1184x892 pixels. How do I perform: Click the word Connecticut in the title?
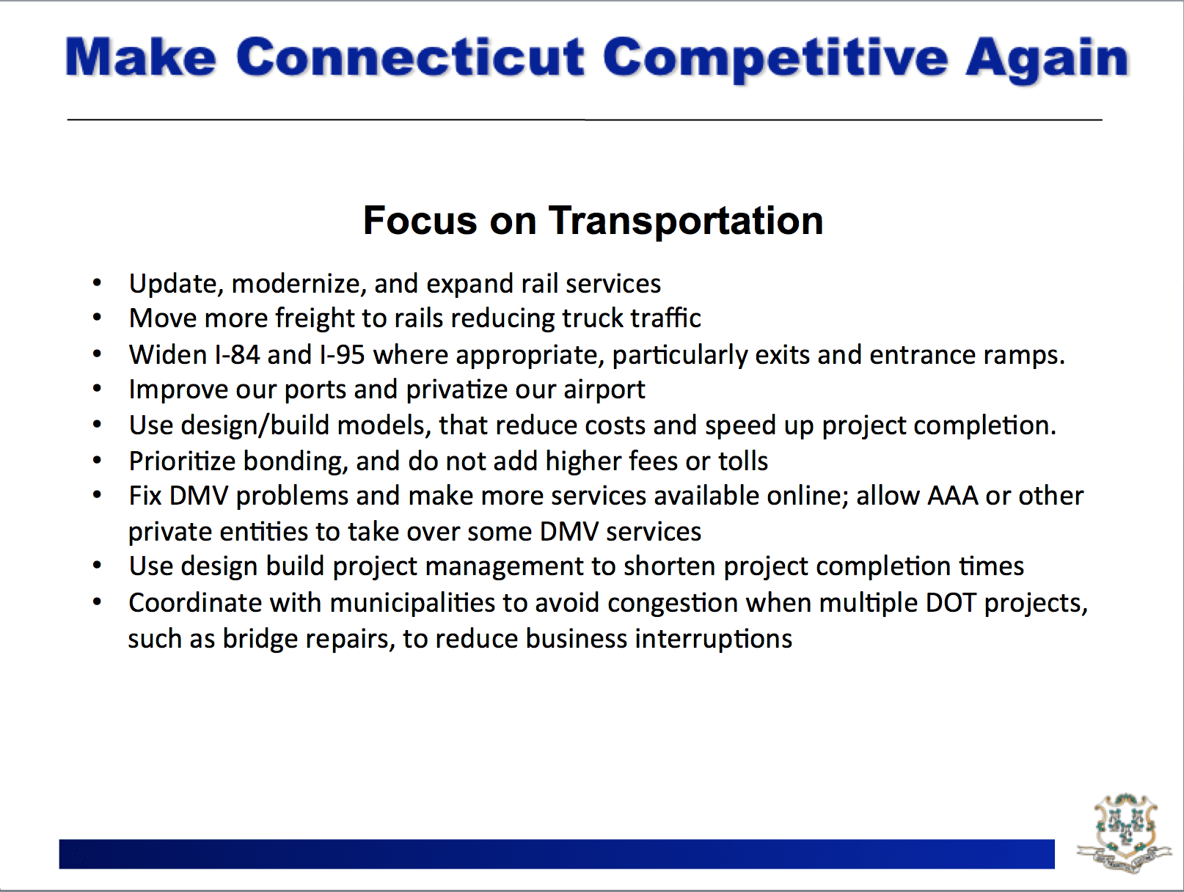click(x=411, y=56)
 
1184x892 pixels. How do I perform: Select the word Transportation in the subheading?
click(x=686, y=221)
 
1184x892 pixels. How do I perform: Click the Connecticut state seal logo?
click(x=1124, y=833)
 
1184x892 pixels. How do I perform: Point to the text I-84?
click(x=238, y=355)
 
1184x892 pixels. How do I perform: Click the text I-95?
click(x=342, y=355)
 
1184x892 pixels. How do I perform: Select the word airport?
click(x=604, y=390)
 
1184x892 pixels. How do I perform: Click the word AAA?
click(x=953, y=496)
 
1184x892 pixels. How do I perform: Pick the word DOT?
click(x=951, y=602)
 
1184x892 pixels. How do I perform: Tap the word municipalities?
click(x=412, y=604)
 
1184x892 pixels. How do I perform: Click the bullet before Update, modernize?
click(x=97, y=283)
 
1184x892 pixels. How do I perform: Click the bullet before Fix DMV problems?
click(x=97, y=495)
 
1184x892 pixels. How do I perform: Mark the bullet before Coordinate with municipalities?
click(x=97, y=602)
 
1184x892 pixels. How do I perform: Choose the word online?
click(x=804, y=496)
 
